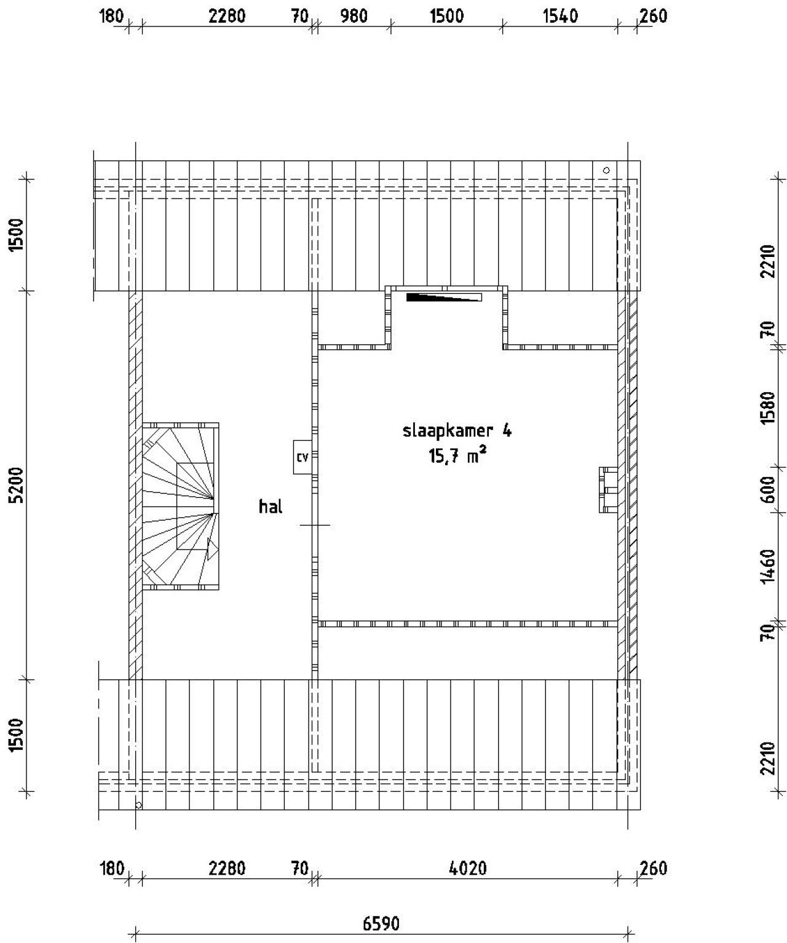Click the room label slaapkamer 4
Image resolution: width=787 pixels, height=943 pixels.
456,431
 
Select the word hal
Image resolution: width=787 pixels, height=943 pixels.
271,507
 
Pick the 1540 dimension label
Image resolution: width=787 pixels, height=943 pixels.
560,16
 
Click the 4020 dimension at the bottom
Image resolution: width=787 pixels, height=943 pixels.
468,869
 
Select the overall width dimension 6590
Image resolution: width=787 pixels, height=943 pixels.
381,924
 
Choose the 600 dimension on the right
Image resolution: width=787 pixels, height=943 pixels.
767,489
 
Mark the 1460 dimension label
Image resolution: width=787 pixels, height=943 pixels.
767,566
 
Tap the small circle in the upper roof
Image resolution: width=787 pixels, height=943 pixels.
606,170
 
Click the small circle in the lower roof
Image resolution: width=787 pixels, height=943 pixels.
139,804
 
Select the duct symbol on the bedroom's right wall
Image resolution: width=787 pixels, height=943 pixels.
609,489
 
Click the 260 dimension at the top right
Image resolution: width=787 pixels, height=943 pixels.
653,16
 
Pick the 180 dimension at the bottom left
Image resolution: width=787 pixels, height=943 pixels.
112,869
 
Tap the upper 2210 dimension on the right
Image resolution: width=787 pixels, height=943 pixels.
767,261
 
